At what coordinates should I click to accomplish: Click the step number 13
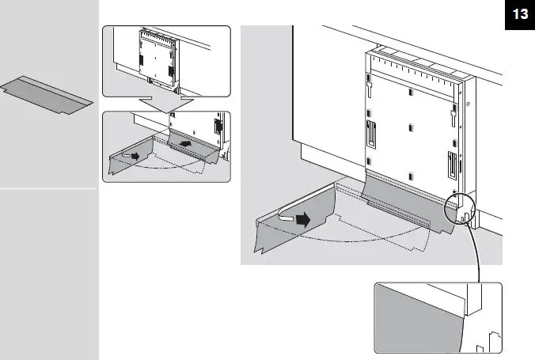click(519, 15)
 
